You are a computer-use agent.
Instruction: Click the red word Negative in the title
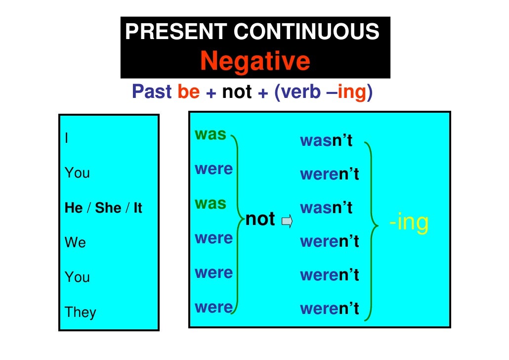pos(255,61)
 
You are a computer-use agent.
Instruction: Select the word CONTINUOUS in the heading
pos(306,32)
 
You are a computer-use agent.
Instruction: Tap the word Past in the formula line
pos(152,92)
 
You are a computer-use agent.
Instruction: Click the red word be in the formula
pos(188,92)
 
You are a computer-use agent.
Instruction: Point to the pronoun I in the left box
pos(67,138)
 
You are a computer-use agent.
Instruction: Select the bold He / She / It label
pos(103,208)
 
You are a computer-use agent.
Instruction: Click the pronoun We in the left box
pos(75,242)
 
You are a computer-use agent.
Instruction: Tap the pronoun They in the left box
pos(80,312)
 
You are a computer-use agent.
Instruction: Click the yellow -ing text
pos(408,223)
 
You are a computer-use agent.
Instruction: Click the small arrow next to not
pos(287,221)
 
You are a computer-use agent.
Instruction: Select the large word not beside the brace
pos(260,219)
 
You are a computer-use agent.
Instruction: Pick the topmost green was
pos(211,134)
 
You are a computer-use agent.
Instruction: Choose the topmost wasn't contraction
pos(326,141)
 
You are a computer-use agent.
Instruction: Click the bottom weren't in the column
pos(329,309)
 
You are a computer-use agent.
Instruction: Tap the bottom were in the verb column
pos(213,307)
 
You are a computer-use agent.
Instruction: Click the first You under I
pos(77,173)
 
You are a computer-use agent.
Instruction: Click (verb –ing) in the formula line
pos(321,92)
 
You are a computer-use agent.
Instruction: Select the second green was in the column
pos(211,203)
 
